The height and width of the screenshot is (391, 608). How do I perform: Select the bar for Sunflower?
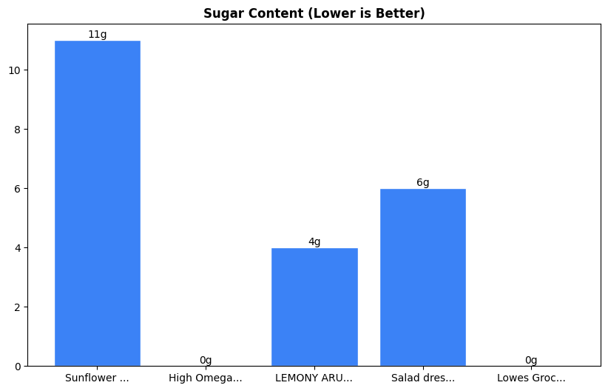pyautogui.click(x=97, y=203)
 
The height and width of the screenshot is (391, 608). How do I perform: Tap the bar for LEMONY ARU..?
pyautogui.click(x=314, y=307)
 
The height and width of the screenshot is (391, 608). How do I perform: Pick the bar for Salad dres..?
pyautogui.click(x=423, y=277)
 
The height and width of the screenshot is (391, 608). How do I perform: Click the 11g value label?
pyautogui.click(x=97, y=34)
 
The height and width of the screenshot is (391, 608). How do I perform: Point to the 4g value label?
pyautogui.click(x=314, y=241)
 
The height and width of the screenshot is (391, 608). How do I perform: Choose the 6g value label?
pyautogui.click(x=423, y=182)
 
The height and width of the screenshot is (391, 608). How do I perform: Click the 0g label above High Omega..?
pyautogui.click(x=206, y=360)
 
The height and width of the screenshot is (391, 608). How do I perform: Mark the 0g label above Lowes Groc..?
pyautogui.click(x=531, y=360)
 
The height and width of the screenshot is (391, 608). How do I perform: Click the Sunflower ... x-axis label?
pyautogui.click(x=97, y=378)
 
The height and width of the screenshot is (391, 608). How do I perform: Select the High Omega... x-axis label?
pyautogui.click(x=206, y=378)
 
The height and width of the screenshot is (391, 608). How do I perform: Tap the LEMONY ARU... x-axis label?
pyautogui.click(x=314, y=378)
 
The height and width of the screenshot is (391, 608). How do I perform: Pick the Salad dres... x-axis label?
pyautogui.click(x=423, y=378)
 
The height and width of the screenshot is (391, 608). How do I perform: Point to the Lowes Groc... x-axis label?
pyautogui.click(x=531, y=378)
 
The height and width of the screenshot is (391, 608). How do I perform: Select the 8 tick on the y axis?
pyautogui.click(x=18, y=130)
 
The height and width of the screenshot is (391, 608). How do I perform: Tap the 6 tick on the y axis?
pyautogui.click(x=18, y=189)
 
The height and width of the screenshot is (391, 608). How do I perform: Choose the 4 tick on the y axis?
pyautogui.click(x=18, y=248)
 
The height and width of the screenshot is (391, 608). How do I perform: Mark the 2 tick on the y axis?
pyautogui.click(x=18, y=307)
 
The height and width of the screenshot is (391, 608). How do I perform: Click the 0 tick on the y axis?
pyautogui.click(x=18, y=366)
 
